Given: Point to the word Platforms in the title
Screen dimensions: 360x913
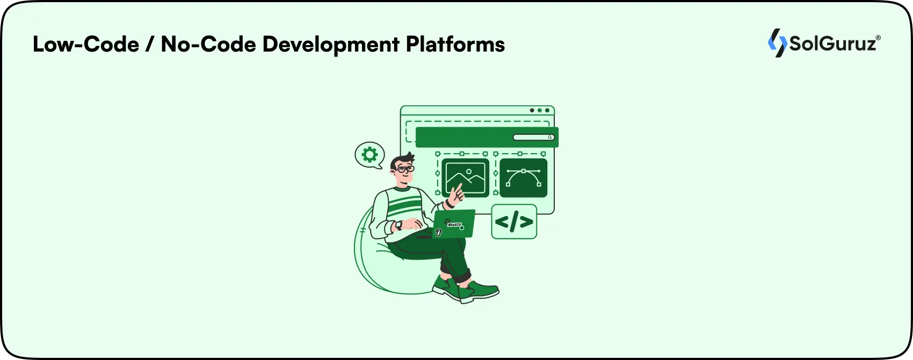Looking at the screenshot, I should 455,44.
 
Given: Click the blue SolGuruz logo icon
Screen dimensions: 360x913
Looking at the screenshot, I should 777,43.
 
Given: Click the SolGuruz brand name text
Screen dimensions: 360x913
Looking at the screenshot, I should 832,44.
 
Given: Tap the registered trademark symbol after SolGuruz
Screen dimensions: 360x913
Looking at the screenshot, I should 878,38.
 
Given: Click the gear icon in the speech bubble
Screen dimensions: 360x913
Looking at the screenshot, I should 369,155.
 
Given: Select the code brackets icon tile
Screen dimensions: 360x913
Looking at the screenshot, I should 514,221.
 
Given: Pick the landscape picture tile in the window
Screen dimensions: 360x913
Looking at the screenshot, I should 465,177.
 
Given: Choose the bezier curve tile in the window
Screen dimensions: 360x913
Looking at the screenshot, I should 523,177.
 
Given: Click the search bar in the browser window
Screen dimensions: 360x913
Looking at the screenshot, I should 533,138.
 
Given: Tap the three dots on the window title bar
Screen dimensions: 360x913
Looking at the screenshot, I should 539,111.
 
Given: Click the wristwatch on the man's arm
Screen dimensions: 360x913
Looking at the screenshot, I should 398,226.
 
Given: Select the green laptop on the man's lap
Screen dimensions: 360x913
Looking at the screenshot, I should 454,224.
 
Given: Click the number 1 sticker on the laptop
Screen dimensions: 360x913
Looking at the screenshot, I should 438,233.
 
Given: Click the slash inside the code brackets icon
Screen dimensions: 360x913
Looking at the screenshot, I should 514,221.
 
